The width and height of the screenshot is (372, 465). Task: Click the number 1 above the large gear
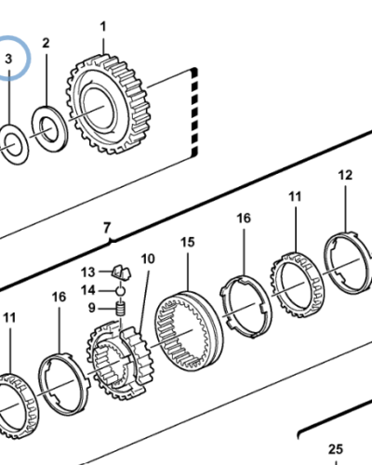103,26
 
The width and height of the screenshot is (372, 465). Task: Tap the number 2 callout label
46,43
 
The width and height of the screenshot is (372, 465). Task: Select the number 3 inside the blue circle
8,59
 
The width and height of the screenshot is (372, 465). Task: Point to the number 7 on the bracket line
107,228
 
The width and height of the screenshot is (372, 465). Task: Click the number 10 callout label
148,259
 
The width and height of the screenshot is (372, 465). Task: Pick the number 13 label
87,272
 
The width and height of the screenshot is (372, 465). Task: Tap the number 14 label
87,290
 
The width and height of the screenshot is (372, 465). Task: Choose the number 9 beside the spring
91,308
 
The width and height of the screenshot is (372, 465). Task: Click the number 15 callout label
188,242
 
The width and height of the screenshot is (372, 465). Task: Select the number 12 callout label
345,175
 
